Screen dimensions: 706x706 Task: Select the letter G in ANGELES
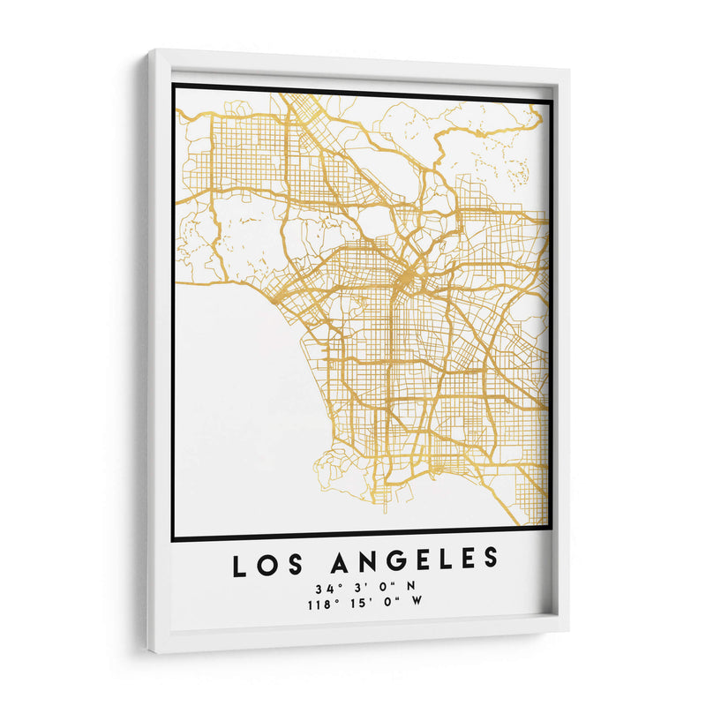[394, 561]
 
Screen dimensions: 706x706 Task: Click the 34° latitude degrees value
[322, 589]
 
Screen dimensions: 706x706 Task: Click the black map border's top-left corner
[174, 85]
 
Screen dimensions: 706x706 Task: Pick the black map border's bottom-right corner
[552, 529]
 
